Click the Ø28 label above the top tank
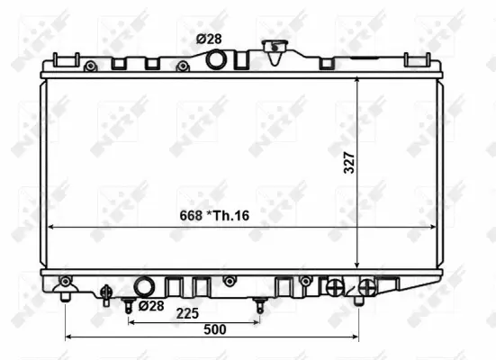pyautogui.click(x=211, y=40)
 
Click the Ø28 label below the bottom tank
pyautogui.click(x=150, y=306)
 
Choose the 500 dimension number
pyautogui.click(x=215, y=329)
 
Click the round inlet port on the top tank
pyautogui.click(x=216, y=60)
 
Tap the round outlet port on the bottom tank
pyautogui.click(x=144, y=287)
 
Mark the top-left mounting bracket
pyautogui.click(x=64, y=61)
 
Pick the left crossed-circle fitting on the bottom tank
pyautogui.click(x=335, y=286)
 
